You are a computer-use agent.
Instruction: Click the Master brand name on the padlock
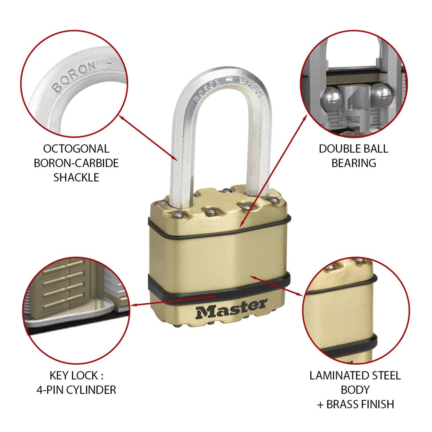(231, 309)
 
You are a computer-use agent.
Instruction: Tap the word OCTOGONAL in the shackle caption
(76, 149)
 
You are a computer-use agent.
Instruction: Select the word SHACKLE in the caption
(76, 178)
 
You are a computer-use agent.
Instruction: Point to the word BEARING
(354, 163)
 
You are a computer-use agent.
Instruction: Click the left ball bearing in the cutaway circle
(331, 99)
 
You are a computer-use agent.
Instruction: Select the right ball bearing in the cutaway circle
(381, 94)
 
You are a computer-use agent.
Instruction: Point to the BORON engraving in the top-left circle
(74, 76)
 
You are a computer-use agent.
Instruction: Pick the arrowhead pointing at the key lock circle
(134, 305)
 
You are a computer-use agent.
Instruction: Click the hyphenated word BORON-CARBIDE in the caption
(76, 163)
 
